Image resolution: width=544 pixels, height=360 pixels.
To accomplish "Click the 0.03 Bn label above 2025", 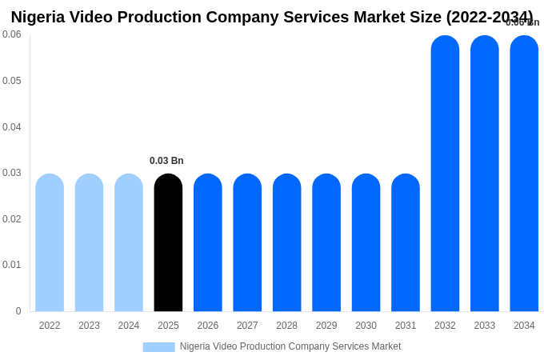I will [x=166, y=161].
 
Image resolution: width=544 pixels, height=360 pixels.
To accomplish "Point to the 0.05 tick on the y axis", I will [x=12, y=81].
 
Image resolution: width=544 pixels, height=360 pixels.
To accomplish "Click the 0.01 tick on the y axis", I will [x=12, y=265].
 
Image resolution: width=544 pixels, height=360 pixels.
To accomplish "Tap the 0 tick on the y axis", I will [x=18, y=311].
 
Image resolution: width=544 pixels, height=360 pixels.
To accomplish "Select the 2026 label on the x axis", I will [x=208, y=326].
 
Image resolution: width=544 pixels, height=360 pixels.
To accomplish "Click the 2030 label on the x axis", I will [x=366, y=326].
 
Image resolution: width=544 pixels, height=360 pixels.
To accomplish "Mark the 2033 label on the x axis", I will [x=485, y=326].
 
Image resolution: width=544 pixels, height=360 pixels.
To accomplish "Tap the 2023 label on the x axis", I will [x=89, y=326].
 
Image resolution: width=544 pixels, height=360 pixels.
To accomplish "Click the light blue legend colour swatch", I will [x=158, y=347].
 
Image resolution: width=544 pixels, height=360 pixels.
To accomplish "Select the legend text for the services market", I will [x=290, y=346].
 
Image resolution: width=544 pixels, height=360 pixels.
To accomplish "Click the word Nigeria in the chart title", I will [x=40, y=17].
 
